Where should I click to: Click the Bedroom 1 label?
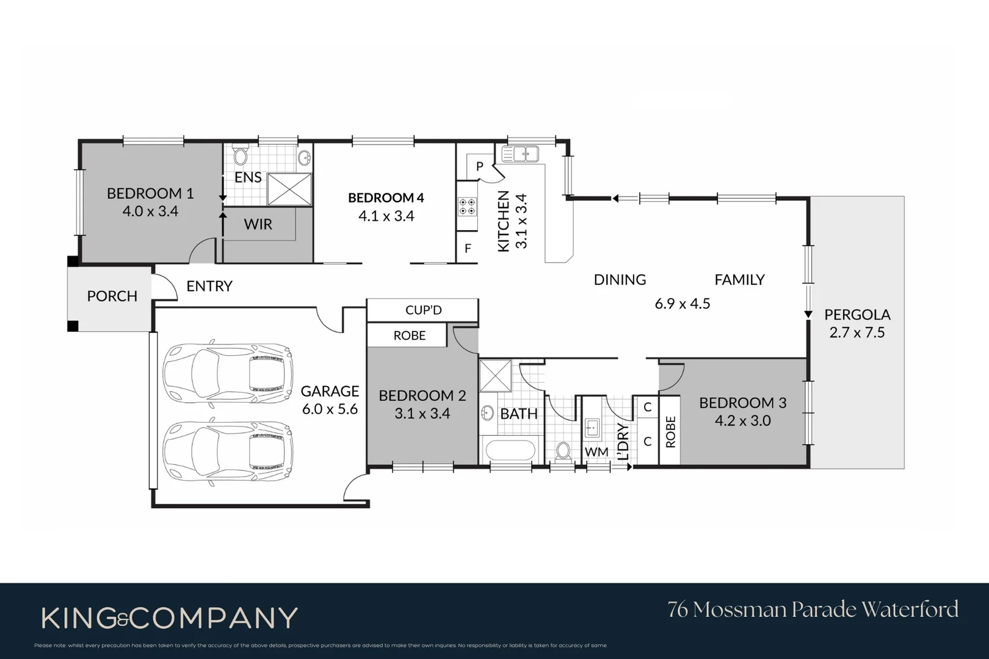coord(150,193)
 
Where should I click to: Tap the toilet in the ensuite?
coord(241,157)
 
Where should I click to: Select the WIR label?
coord(258,224)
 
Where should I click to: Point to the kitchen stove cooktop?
coord(468,206)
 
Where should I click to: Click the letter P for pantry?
coord(480,166)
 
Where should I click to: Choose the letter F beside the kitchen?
coord(468,248)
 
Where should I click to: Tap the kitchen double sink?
coord(520,154)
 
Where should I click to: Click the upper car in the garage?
coord(228,372)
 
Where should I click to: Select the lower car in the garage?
coord(228,452)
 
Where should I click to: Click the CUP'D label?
coord(423,310)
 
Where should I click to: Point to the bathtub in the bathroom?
coord(510,451)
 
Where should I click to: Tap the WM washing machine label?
coord(596,452)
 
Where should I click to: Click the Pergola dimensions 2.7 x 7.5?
coord(857,333)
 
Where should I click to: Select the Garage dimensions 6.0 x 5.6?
coord(330,409)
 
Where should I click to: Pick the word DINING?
coord(620,279)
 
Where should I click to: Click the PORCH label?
coord(112,296)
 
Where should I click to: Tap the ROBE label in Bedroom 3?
coord(670,431)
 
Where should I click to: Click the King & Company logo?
coord(169,618)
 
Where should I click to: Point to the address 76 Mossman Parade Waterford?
coord(813,609)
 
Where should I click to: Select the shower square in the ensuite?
coord(289,189)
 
